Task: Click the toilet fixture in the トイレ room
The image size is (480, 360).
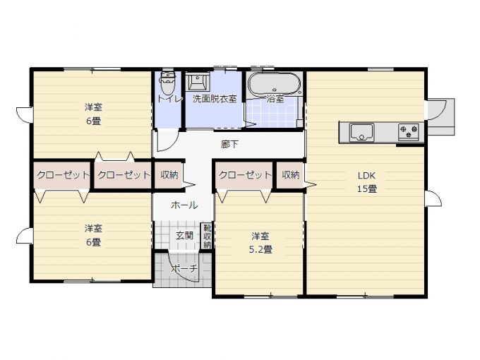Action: tap(167, 83)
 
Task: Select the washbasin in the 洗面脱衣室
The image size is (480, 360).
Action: tap(198, 81)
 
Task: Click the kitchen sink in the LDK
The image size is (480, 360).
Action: tap(361, 132)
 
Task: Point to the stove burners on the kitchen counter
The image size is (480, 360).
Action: tap(409, 132)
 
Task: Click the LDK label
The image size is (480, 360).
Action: tap(367, 175)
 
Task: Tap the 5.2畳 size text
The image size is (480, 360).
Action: tap(260, 249)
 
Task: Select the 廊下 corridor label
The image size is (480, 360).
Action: tap(229, 144)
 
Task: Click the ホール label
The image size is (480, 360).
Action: tap(184, 205)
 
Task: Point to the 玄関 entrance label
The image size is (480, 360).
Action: tap(185, 235)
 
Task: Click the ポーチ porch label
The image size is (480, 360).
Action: tap(184, 268)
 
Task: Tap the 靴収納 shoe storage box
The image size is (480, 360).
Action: tap(208, 236)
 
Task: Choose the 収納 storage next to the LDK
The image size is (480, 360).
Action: tap(290, 175)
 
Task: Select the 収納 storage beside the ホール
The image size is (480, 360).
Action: tap(169, 175)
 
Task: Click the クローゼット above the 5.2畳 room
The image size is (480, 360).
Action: tap(245, 175)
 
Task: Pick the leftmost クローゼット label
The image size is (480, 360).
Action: tap(63, 175)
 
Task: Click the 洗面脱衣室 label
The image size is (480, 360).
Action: tap(215, 99)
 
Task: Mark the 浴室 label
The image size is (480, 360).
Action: tap(275, 99)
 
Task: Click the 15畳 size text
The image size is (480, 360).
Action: tap(367, 188)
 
